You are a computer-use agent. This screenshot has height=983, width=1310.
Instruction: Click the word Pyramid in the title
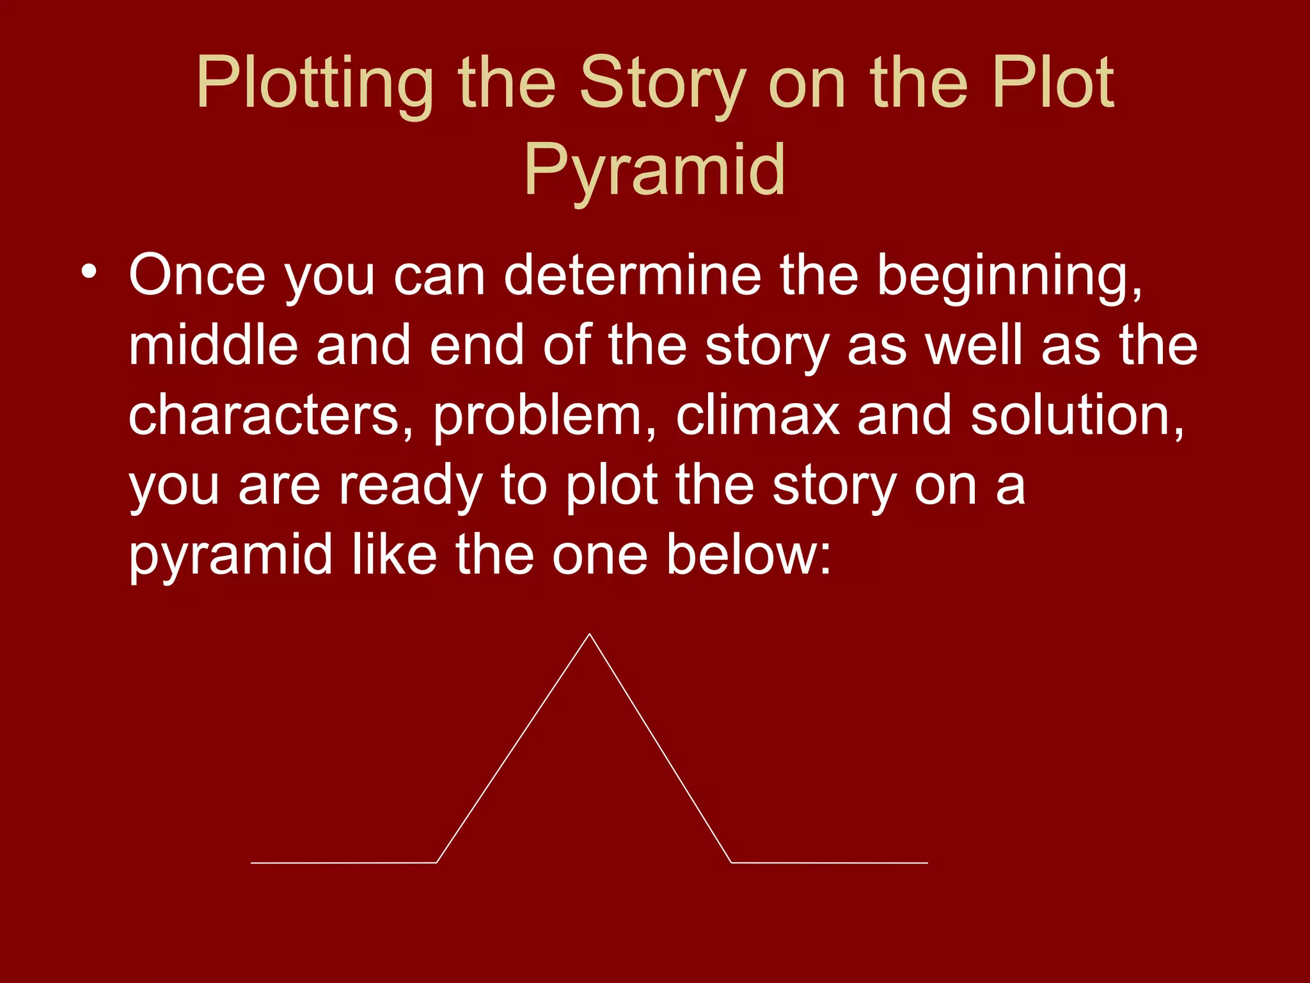point(654,170)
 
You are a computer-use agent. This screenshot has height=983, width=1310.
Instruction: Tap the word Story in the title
point(662,83)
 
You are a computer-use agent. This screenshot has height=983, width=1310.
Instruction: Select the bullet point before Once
point(89,272)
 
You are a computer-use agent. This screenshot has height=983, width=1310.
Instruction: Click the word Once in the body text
point(197,275)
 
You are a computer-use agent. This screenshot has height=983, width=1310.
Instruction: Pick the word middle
point(214,346)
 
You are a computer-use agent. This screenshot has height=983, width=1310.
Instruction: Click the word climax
point(757,416)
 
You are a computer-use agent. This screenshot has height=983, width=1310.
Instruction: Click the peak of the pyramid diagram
point(589,634)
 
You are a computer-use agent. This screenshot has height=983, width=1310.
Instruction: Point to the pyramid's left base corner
point(436,863)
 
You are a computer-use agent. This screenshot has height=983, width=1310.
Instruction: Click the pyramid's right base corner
point(731,863)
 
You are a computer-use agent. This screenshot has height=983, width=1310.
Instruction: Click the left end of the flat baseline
point(252,863)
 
